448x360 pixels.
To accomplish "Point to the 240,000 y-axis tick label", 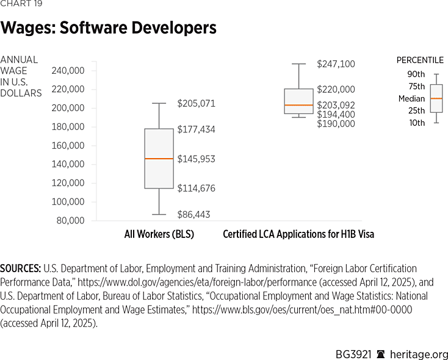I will pos(68,70).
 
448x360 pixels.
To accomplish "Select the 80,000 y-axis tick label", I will pos(70,220).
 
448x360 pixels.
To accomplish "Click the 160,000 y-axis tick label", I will pos(68,145).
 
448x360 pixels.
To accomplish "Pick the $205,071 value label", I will pos(196,104).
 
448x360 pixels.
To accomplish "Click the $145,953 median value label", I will pos(196,159).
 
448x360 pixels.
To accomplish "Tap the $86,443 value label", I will pos(196,214).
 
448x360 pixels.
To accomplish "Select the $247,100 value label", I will pos(336,64).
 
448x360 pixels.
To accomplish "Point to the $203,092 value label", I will pos(336,105).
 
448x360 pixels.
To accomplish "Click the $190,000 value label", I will pos(336,123).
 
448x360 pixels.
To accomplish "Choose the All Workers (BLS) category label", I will pos(159,234).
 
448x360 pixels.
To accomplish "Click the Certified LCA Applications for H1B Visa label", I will pos(298,234).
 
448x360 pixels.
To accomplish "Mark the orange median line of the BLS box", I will pos(159,159).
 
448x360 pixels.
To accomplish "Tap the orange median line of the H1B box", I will pos(298,105).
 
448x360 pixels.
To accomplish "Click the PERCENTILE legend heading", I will pos(420,60).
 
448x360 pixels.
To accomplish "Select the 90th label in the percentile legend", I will pos(416,74).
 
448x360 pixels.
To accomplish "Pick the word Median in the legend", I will pos(411,98).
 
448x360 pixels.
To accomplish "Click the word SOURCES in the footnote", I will pos(20,268).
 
